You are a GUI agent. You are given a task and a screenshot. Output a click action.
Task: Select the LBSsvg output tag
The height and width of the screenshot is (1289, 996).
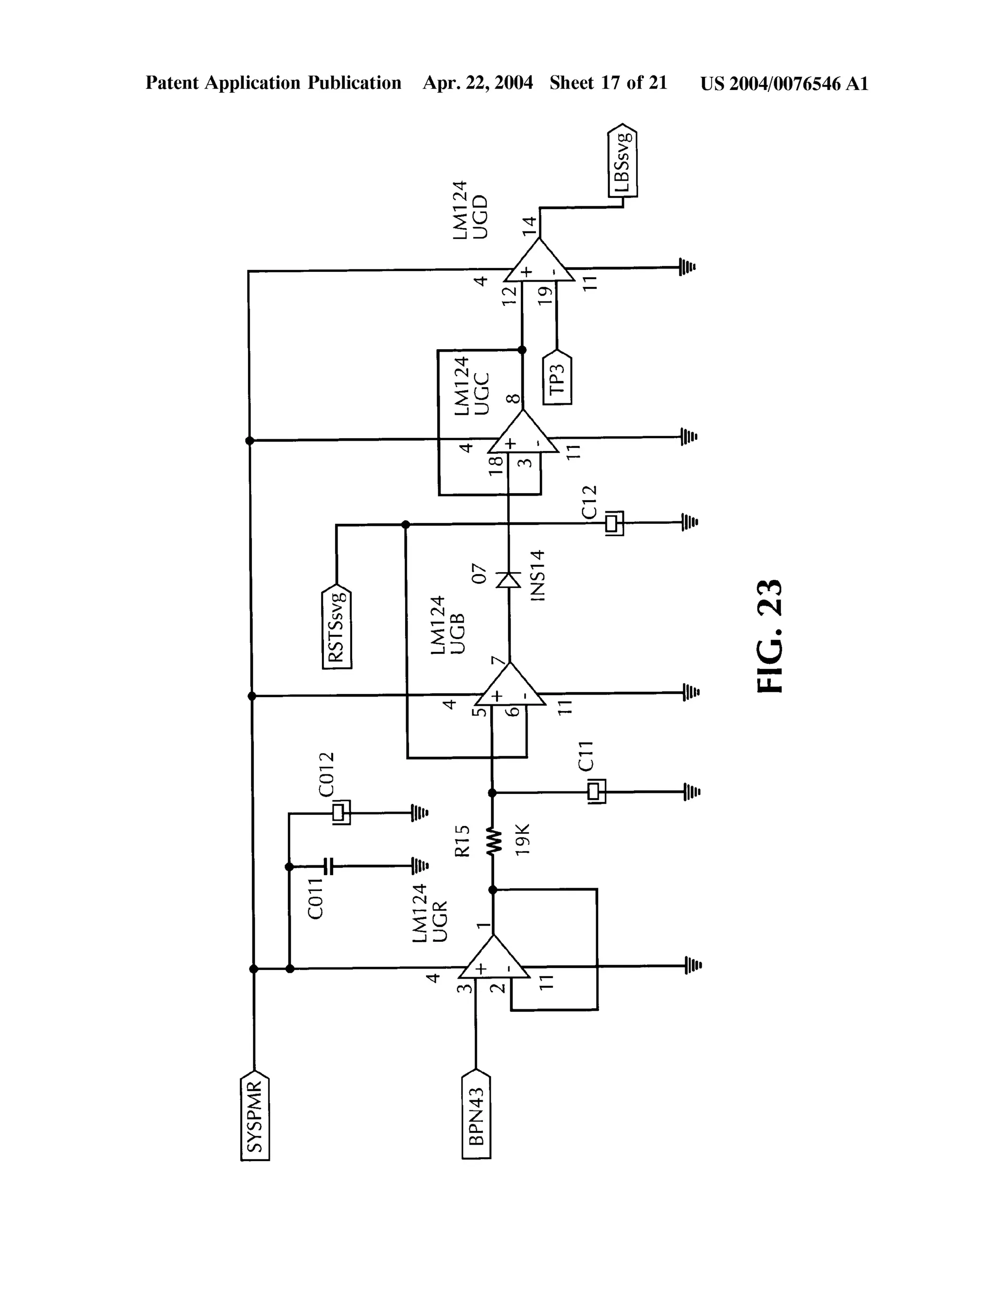(x=622, y=161)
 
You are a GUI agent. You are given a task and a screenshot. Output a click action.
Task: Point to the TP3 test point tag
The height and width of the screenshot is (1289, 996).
(x=557, y=378)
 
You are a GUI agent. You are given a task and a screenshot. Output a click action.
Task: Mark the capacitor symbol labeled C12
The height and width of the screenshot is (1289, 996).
(x=614, y=523)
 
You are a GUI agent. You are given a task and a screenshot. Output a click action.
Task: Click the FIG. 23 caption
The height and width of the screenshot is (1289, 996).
(x=769, y=636)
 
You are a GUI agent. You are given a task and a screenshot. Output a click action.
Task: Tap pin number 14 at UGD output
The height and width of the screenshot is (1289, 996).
(x=529, y=226)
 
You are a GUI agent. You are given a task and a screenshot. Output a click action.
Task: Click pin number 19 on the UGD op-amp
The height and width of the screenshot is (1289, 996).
(x=546, y=294)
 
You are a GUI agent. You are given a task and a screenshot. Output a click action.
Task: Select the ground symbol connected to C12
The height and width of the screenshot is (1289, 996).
(x=689, y=522)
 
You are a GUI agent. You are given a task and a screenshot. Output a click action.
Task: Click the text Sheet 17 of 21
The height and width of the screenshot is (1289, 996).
(x=608, y=83)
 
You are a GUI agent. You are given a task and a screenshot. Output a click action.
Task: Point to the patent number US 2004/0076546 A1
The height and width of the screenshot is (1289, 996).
(x=784, y=84)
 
